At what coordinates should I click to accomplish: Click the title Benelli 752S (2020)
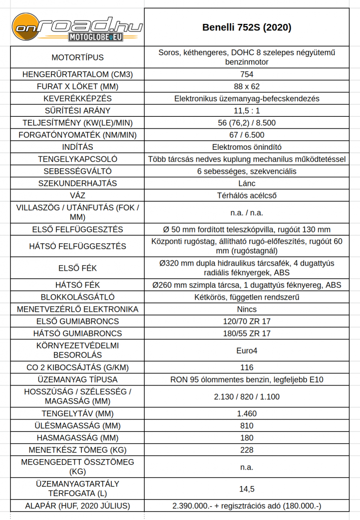click(247, 27)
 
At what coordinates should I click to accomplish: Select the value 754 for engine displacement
click(247, 74)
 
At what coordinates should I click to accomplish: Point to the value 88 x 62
click(247, 86)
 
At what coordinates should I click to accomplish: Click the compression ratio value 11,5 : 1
click(247, 111)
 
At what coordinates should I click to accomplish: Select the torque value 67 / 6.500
click(247, 135)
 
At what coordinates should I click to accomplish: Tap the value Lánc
click(247, 183)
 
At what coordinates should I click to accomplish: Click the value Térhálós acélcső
click(247, 196)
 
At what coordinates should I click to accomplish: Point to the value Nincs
click(247, 309)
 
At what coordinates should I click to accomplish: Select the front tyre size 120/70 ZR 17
click(247, 321)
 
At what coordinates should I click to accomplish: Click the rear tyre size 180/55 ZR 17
click(247, 334)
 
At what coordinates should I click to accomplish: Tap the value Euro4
click(247, 350)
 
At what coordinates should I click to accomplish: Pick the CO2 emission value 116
click(247, 367)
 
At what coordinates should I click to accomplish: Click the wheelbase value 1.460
click(247, 413)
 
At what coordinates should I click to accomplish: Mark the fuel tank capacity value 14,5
click(247, 489)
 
